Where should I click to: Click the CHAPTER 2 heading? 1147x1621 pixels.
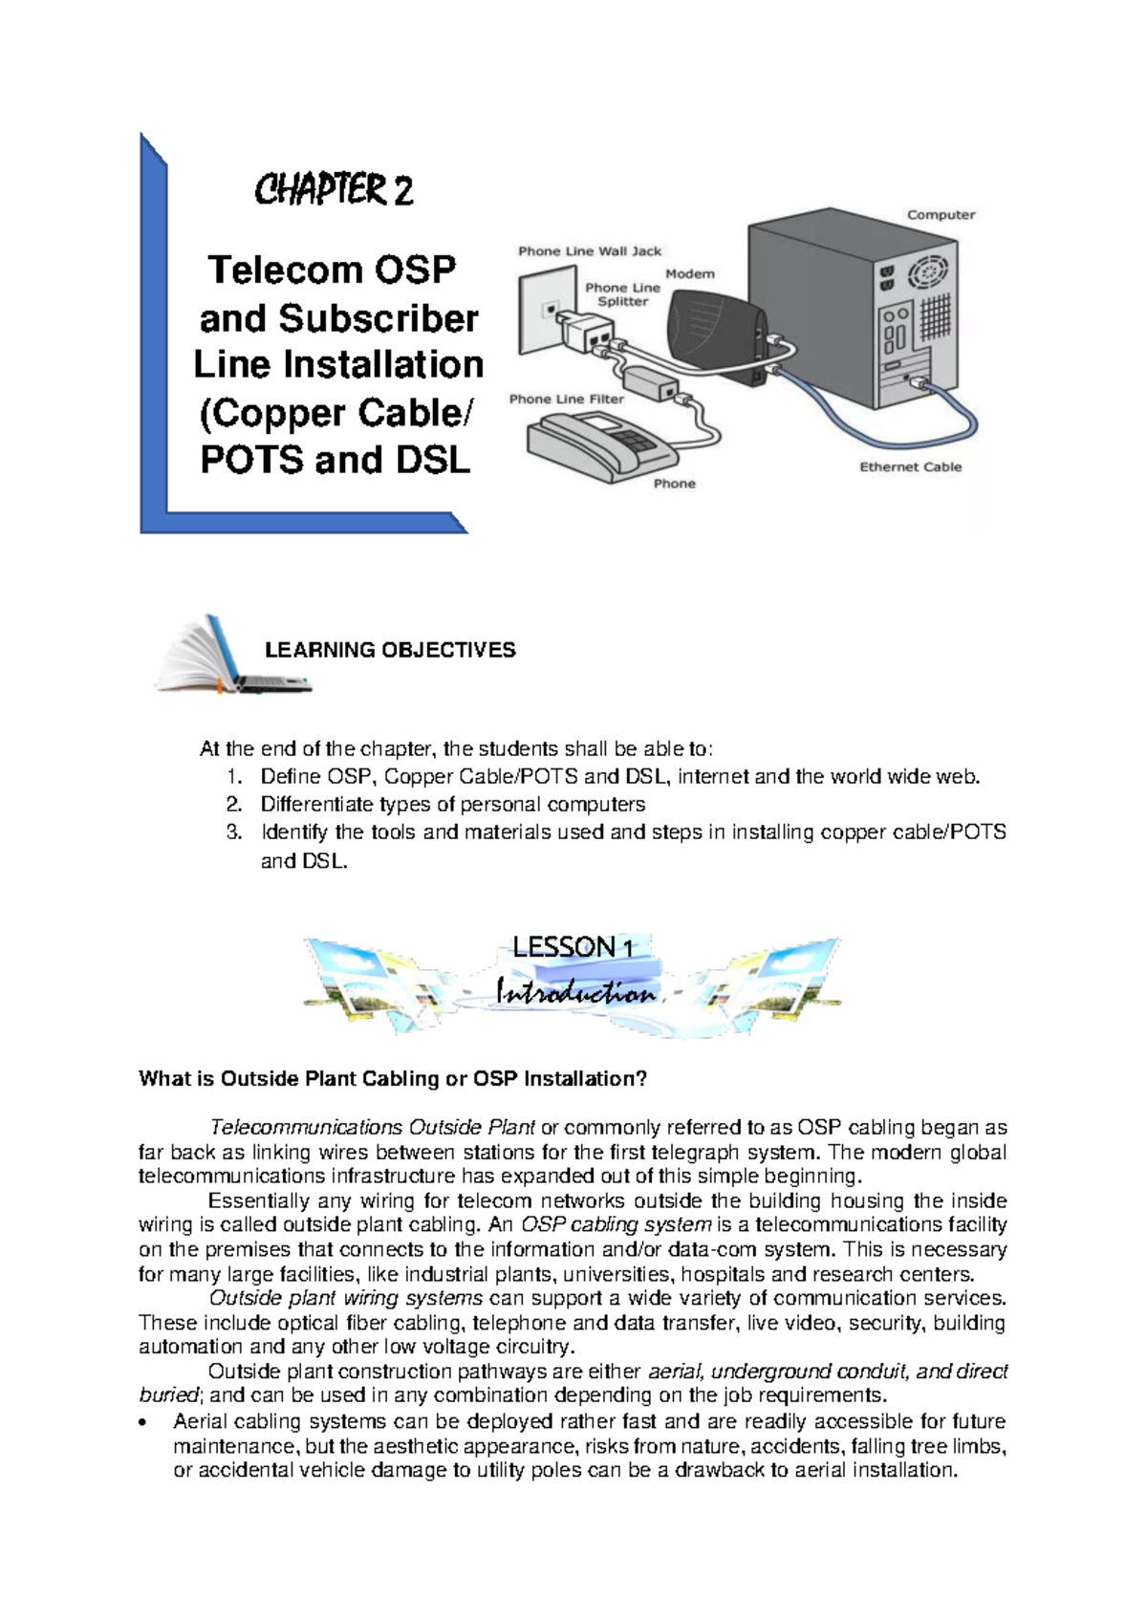pos(334,190)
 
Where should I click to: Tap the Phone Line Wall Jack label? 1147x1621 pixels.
pos(590,251)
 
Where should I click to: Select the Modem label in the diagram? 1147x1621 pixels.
pos(690,273)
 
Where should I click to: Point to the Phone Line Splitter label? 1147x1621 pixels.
pos(622,294)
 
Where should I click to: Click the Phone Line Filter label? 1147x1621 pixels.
pos(566,399)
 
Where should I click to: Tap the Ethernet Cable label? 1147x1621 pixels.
pos(910,467)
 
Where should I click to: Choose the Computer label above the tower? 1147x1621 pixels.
pos(941,215)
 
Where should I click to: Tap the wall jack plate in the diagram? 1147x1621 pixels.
pos(546,311)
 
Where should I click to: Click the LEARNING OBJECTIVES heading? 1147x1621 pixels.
pos(390,650)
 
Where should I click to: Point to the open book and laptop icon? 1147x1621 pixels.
pos(232,655)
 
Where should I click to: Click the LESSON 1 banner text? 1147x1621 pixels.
pos(573,947)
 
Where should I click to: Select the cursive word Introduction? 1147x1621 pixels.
pos(575,993)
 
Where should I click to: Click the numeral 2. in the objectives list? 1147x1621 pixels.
pos(234,805)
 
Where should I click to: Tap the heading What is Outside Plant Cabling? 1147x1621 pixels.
pos(393,1079)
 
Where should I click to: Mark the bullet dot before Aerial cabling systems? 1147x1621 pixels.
pos(143,1423)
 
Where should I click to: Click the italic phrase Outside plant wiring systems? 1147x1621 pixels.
pos(345,1298)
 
